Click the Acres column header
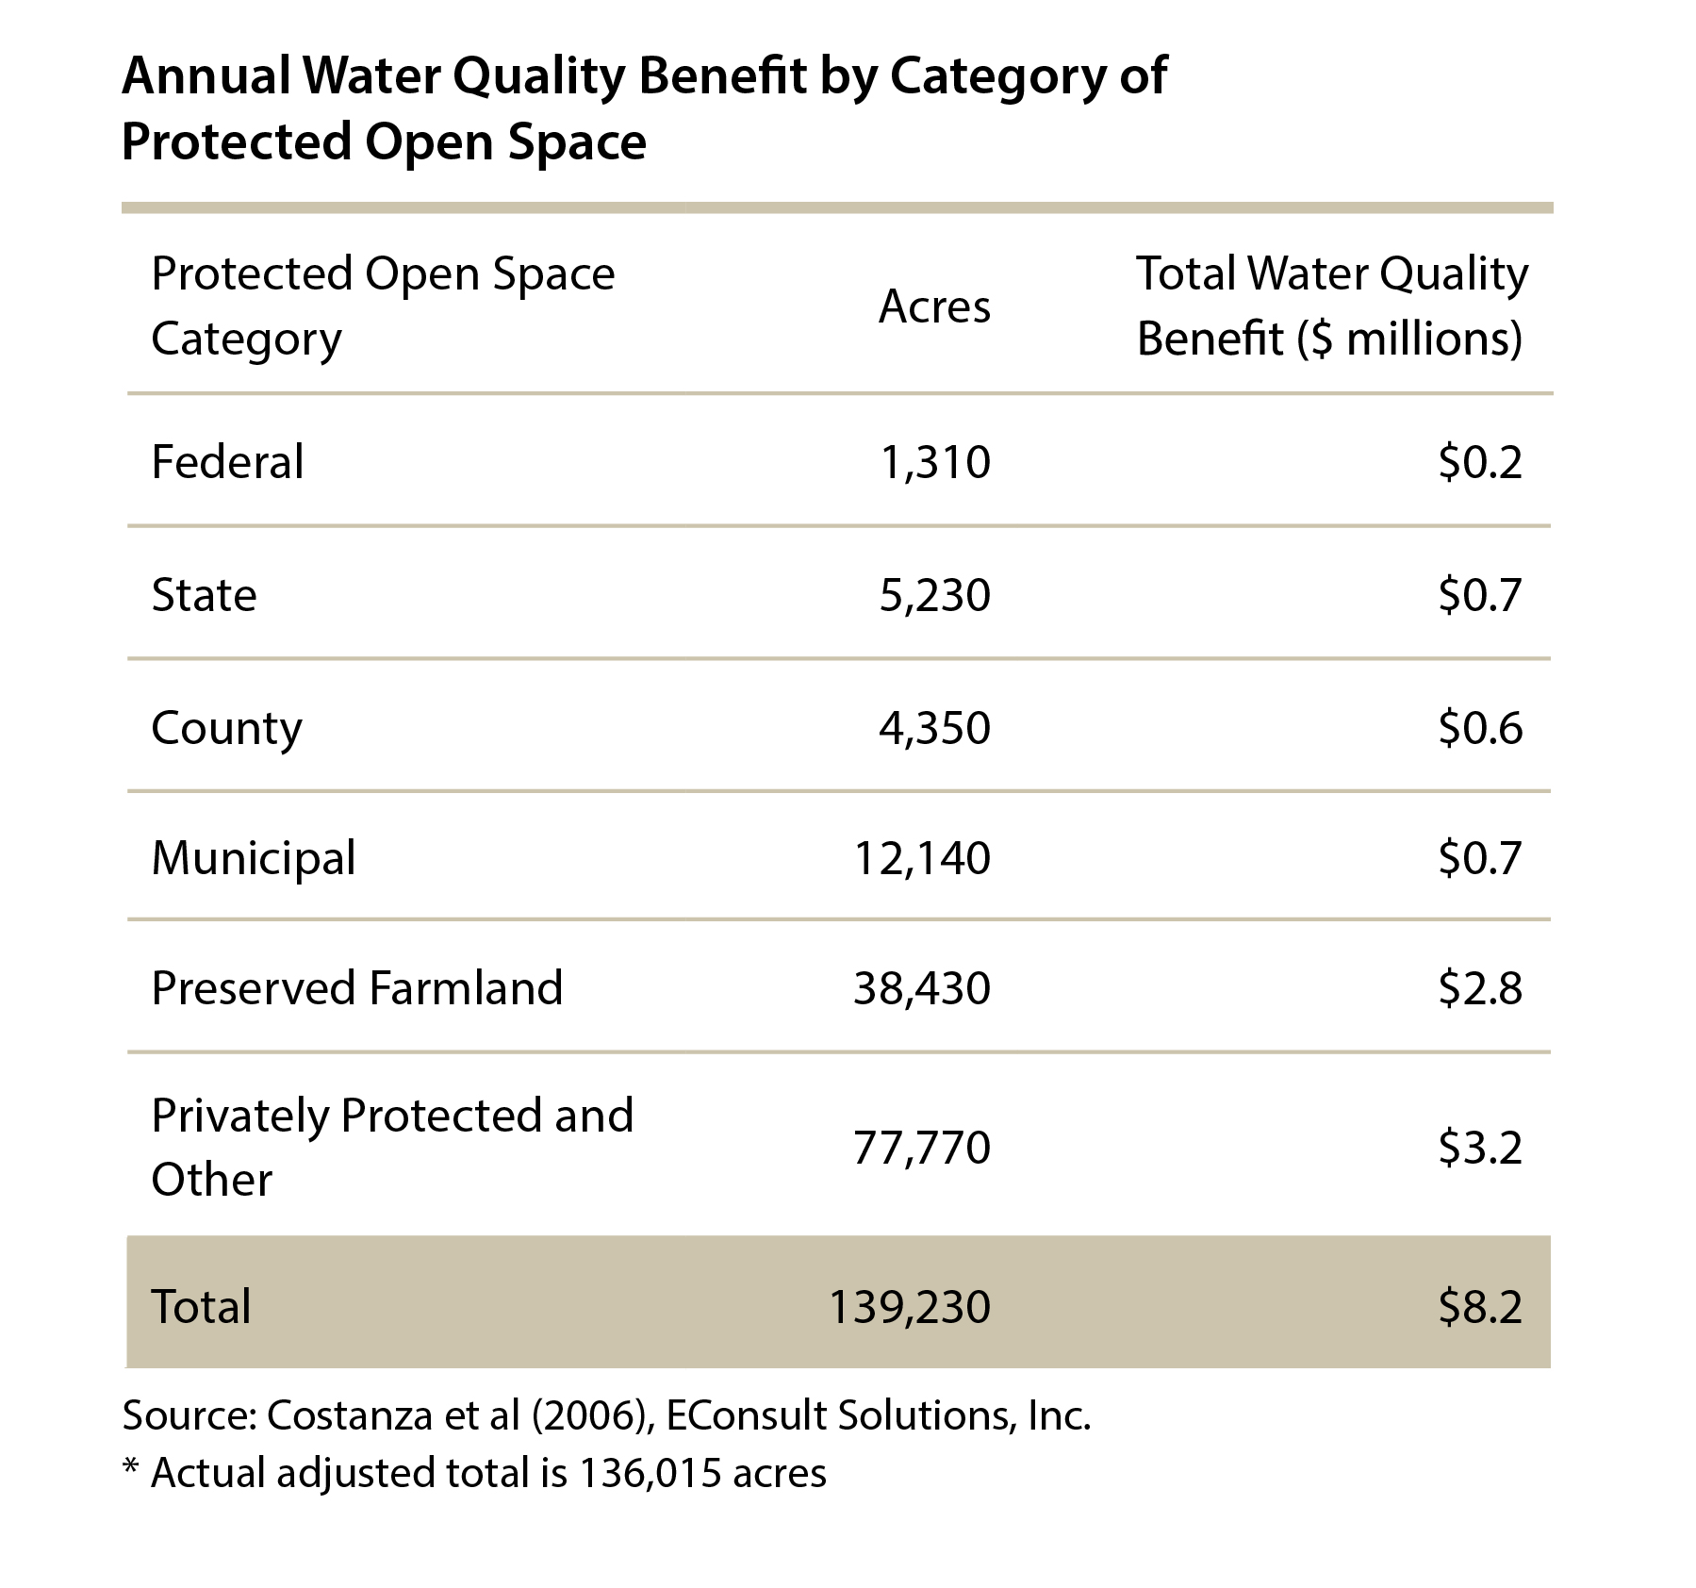pos(934,306)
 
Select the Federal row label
pos(227,462)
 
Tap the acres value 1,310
pos(934,463)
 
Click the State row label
pos(204,595)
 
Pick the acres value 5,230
pos(934,596)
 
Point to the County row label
pos(226,729)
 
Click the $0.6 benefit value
pos(1480,728)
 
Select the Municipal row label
pos(254,859)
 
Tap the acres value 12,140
pos(922,859)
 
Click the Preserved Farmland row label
pos(357,988)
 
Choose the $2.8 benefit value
pos(1480,988)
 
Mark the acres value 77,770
pos(922,1148)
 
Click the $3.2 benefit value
pos(1480,1148)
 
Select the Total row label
pos(201,1307)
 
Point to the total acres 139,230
pos(909,1307)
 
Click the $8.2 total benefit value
pos(1480,1307)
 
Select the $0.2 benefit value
pos(1480,462)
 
